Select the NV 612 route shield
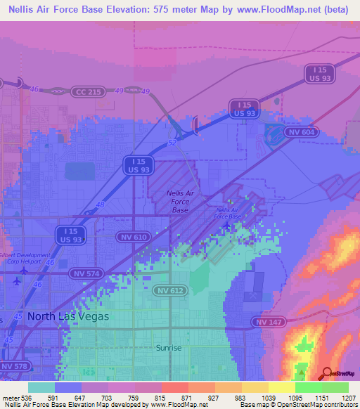[x=171, y=290]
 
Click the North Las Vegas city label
[x=68, y=317]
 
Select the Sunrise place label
[x=169, y=348]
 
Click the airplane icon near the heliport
[x=16, y=280]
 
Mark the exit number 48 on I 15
[x=99, y=204]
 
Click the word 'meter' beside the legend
[x=11, y=397]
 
